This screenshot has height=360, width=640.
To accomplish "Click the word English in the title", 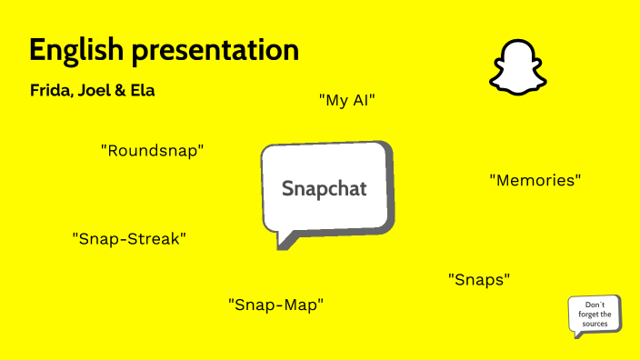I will click(x=76, y=51).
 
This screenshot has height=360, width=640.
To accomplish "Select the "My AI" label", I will click(x=347, y=100).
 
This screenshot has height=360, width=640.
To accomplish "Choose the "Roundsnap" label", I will click(x=152, y=151).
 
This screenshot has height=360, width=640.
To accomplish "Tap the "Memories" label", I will click(x=535, y=180).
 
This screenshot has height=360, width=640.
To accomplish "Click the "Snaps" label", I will click(x=479, y=280).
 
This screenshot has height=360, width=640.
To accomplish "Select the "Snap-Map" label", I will click(x=275, y=305).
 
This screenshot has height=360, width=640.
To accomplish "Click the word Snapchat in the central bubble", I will click(x=325, y=189).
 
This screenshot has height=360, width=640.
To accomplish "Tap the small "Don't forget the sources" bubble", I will click(x=595, y=315).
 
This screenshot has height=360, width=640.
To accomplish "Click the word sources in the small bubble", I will click(x=595, y=324).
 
